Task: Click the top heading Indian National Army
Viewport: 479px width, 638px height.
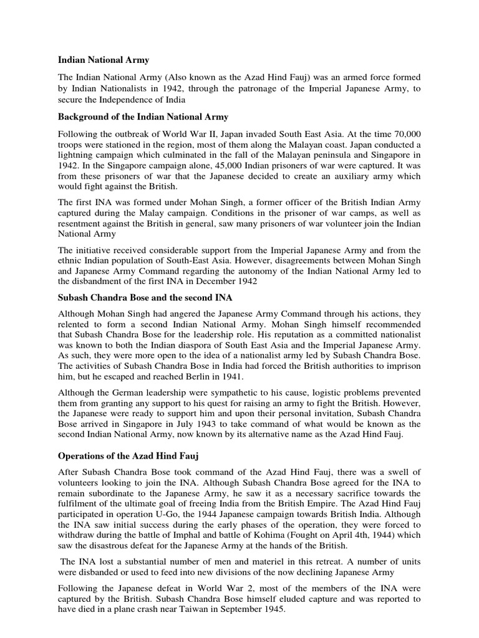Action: [x=104, y=60]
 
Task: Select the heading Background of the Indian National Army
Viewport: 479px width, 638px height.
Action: [x=143, y=117]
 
